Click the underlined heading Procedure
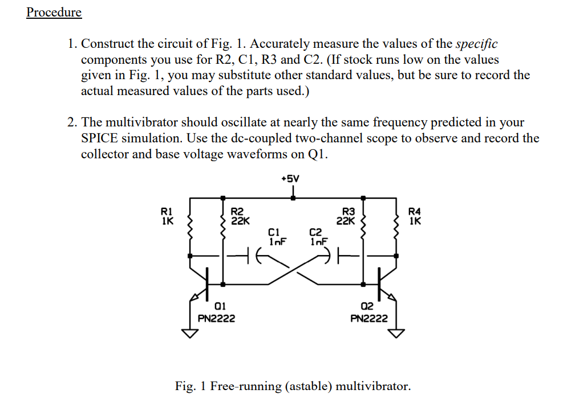pos(54,12)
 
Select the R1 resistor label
pos(168,215)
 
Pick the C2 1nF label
pos(317,236)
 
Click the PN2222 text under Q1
pos(216,318)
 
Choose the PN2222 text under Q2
pos(369,318)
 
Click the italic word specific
pos(477,44)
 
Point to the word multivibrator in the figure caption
pos(371,386)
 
